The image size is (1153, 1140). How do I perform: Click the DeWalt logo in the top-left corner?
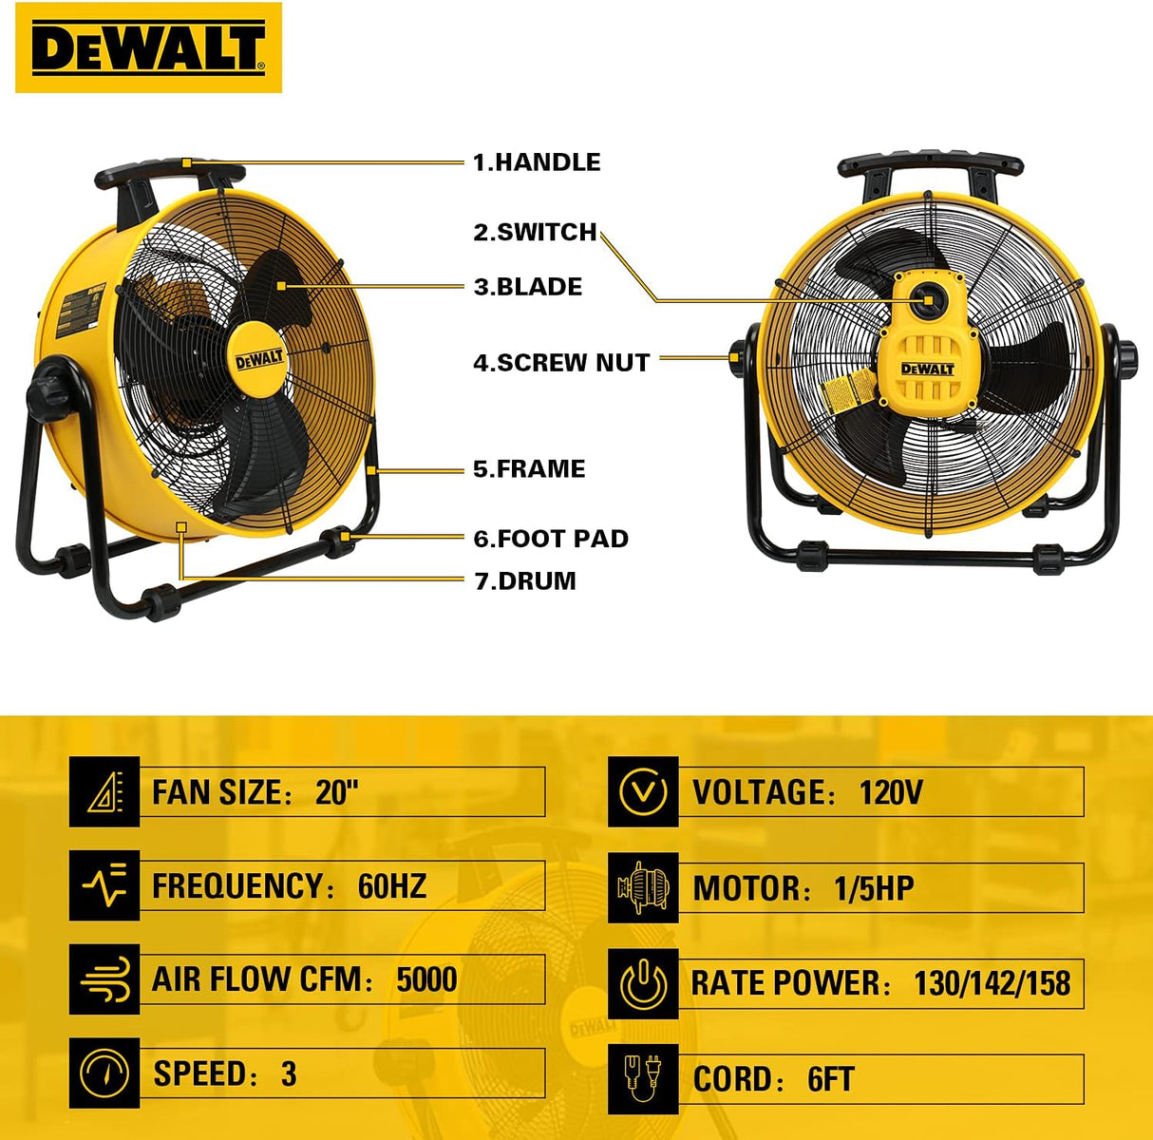point(148,47)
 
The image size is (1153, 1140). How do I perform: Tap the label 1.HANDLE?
point(537,162)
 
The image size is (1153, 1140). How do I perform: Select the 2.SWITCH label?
point(535,232)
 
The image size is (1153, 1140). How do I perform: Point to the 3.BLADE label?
point(528,287)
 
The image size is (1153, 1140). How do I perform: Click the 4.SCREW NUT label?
point(561,362)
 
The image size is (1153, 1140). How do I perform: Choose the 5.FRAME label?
point(529,468)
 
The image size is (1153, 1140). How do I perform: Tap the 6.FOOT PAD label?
point(551,539)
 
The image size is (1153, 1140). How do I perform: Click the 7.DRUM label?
point(525,580)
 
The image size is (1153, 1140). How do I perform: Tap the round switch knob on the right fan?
point(928,298)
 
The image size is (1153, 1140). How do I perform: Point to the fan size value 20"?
point(337,792)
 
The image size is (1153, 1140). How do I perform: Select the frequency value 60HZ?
point(392,885)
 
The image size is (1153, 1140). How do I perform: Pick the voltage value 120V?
point(891,792)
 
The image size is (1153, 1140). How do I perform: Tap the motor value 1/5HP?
point(874,888)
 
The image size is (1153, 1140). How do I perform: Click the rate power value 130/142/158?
point(992,983)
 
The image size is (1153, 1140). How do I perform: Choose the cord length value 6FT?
point(830,1078)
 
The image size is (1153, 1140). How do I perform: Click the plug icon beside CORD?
point(643,1078)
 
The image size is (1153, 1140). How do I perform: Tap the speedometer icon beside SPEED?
point(104,1073)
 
